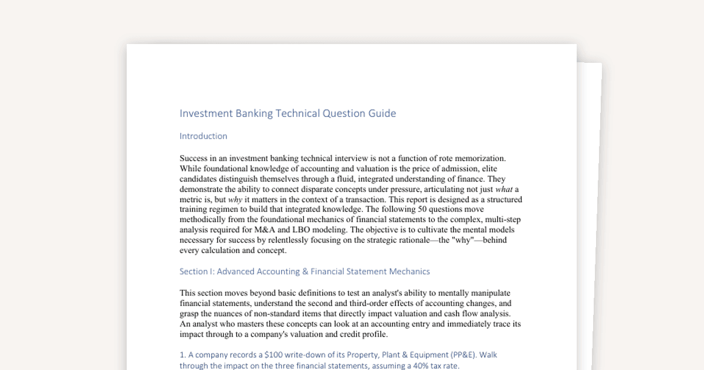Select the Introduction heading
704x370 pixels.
(203, 136)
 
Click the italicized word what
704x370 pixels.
(505, 189)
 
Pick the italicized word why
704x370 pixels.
(235, 200)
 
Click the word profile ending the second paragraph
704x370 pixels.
(374, 334)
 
